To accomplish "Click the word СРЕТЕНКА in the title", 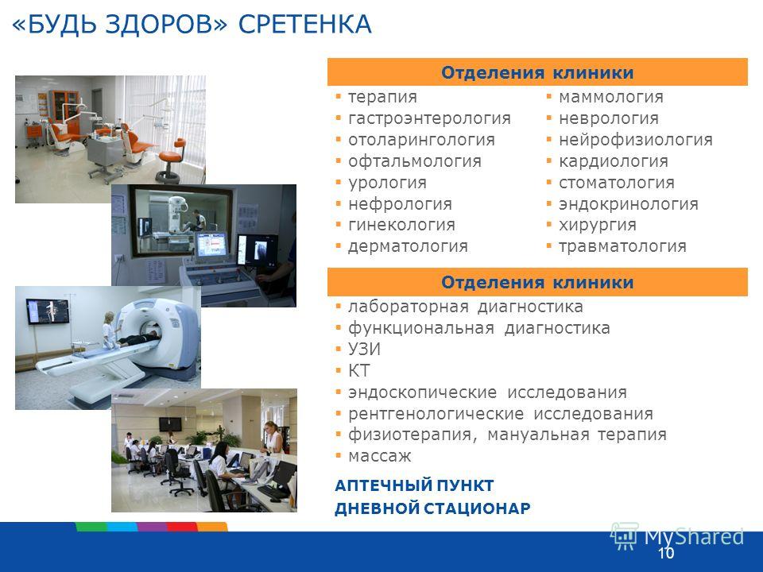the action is click(x=305, y=25).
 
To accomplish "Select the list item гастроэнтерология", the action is click(x=429, y=118).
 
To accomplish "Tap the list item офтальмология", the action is click(x=415, y=161).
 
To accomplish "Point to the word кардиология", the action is click(x=613, y=161).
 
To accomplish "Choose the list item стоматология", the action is click(x=617, y=183).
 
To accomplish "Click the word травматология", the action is click(x=622, y=246).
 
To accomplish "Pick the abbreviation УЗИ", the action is click(x=364, y=350).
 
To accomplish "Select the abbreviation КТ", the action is click(x=358, y=371).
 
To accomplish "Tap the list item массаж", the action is click(x=380, y=456).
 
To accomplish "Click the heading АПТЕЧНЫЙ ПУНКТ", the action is click(x=414, y=485).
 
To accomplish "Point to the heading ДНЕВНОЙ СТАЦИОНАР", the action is click(x=432, y=508).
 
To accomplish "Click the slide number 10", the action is click(x=666, y=553).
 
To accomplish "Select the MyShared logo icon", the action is click(x=625, y=536).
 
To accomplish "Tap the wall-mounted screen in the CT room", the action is click(x=47, y=311).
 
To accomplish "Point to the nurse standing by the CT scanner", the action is click(x=110, y=330).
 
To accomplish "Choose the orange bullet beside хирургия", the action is click(x=549, y=225).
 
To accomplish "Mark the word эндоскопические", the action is click(x=422, y=392).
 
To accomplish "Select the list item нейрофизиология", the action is click(x=636, y=140).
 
